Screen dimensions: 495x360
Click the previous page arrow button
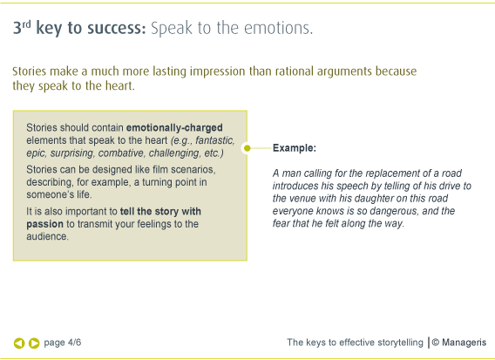tap(19, 343)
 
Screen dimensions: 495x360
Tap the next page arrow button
tap(34, 343)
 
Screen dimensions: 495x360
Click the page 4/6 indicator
tap(63, 343)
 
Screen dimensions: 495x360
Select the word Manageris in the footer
tap(464, 343)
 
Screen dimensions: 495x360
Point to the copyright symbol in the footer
tap(436, 343)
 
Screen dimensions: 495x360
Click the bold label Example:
tap(295, 148)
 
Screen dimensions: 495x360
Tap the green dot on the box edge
tap(247, 148)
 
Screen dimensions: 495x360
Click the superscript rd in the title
tap(26, 24)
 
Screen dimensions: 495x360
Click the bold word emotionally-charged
tap(174, 128)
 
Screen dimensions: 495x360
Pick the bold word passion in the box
tap(44, 224)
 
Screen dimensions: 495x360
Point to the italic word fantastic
tap(215, 140)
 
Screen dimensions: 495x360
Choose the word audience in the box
tap(47, 236)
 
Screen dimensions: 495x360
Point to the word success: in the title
tap(117, 28)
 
